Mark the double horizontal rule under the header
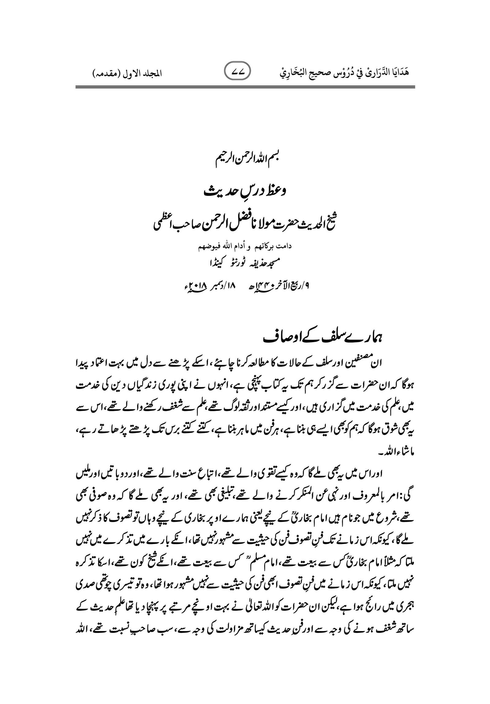245,88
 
